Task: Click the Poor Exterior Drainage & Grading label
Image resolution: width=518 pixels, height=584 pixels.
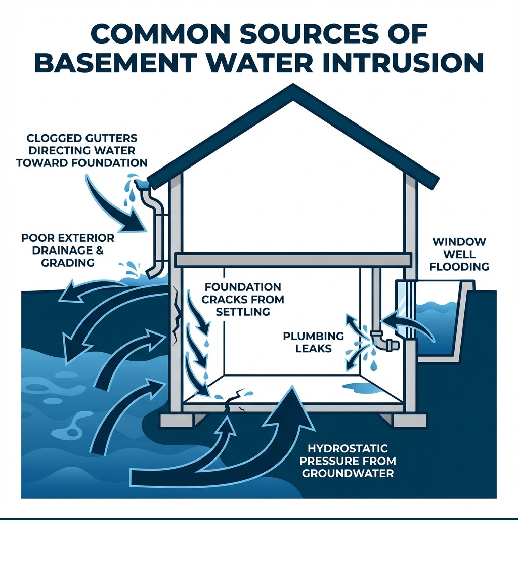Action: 67,250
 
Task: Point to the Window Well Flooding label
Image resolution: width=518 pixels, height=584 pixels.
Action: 460,254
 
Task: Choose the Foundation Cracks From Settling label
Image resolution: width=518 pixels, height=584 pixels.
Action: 243,300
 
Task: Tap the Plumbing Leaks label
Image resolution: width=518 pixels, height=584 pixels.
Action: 314,342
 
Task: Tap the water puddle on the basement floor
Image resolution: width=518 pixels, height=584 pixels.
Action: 361,388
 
